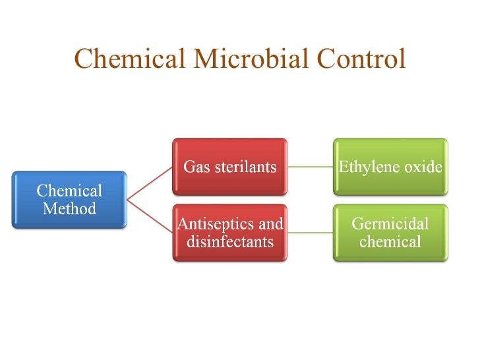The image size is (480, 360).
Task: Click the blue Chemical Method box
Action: point(69,200)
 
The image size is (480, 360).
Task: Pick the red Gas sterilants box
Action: point(229,167)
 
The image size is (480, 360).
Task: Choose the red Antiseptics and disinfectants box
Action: point(229,233)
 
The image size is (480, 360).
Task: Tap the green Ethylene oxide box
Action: point(390,167)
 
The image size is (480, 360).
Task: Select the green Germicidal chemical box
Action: point(390,233)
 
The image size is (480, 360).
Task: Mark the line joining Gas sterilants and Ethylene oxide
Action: point(310,167)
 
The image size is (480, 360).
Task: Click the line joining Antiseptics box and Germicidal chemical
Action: point(310,233)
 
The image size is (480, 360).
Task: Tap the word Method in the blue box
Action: point(69,209)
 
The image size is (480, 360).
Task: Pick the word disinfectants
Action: point(230,241)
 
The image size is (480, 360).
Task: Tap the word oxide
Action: point(423,167)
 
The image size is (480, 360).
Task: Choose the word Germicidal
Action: point(390,224)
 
